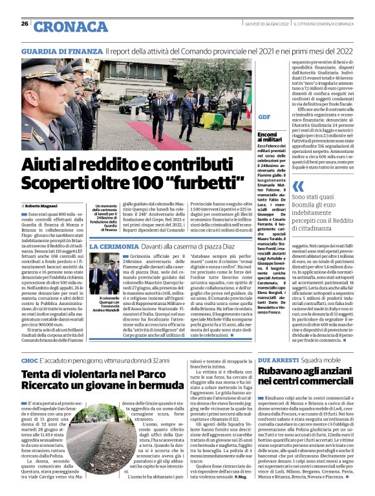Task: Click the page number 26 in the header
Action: [25, 24]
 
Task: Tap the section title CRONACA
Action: [71, 27]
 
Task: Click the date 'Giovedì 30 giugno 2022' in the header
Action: [262, 24]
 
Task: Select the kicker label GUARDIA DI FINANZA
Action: [61, 50]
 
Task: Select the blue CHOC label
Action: [29, 359]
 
